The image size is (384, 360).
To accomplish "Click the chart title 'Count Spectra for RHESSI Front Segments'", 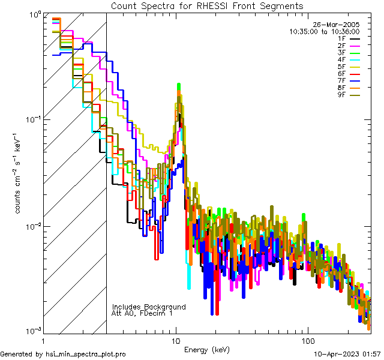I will pos(207,6).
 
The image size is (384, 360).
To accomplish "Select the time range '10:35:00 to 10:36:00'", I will pos(324,31).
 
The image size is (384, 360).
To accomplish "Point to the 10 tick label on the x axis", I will pos(176,341).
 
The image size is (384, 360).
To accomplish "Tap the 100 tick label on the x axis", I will pos(307,341).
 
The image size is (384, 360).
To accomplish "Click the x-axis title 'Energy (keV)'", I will pos(206,350).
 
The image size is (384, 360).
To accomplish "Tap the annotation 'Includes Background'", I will pos(149,307).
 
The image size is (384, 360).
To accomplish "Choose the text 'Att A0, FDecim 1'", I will pos(142,313).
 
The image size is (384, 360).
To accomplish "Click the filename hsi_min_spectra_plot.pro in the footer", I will pos(86,355).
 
